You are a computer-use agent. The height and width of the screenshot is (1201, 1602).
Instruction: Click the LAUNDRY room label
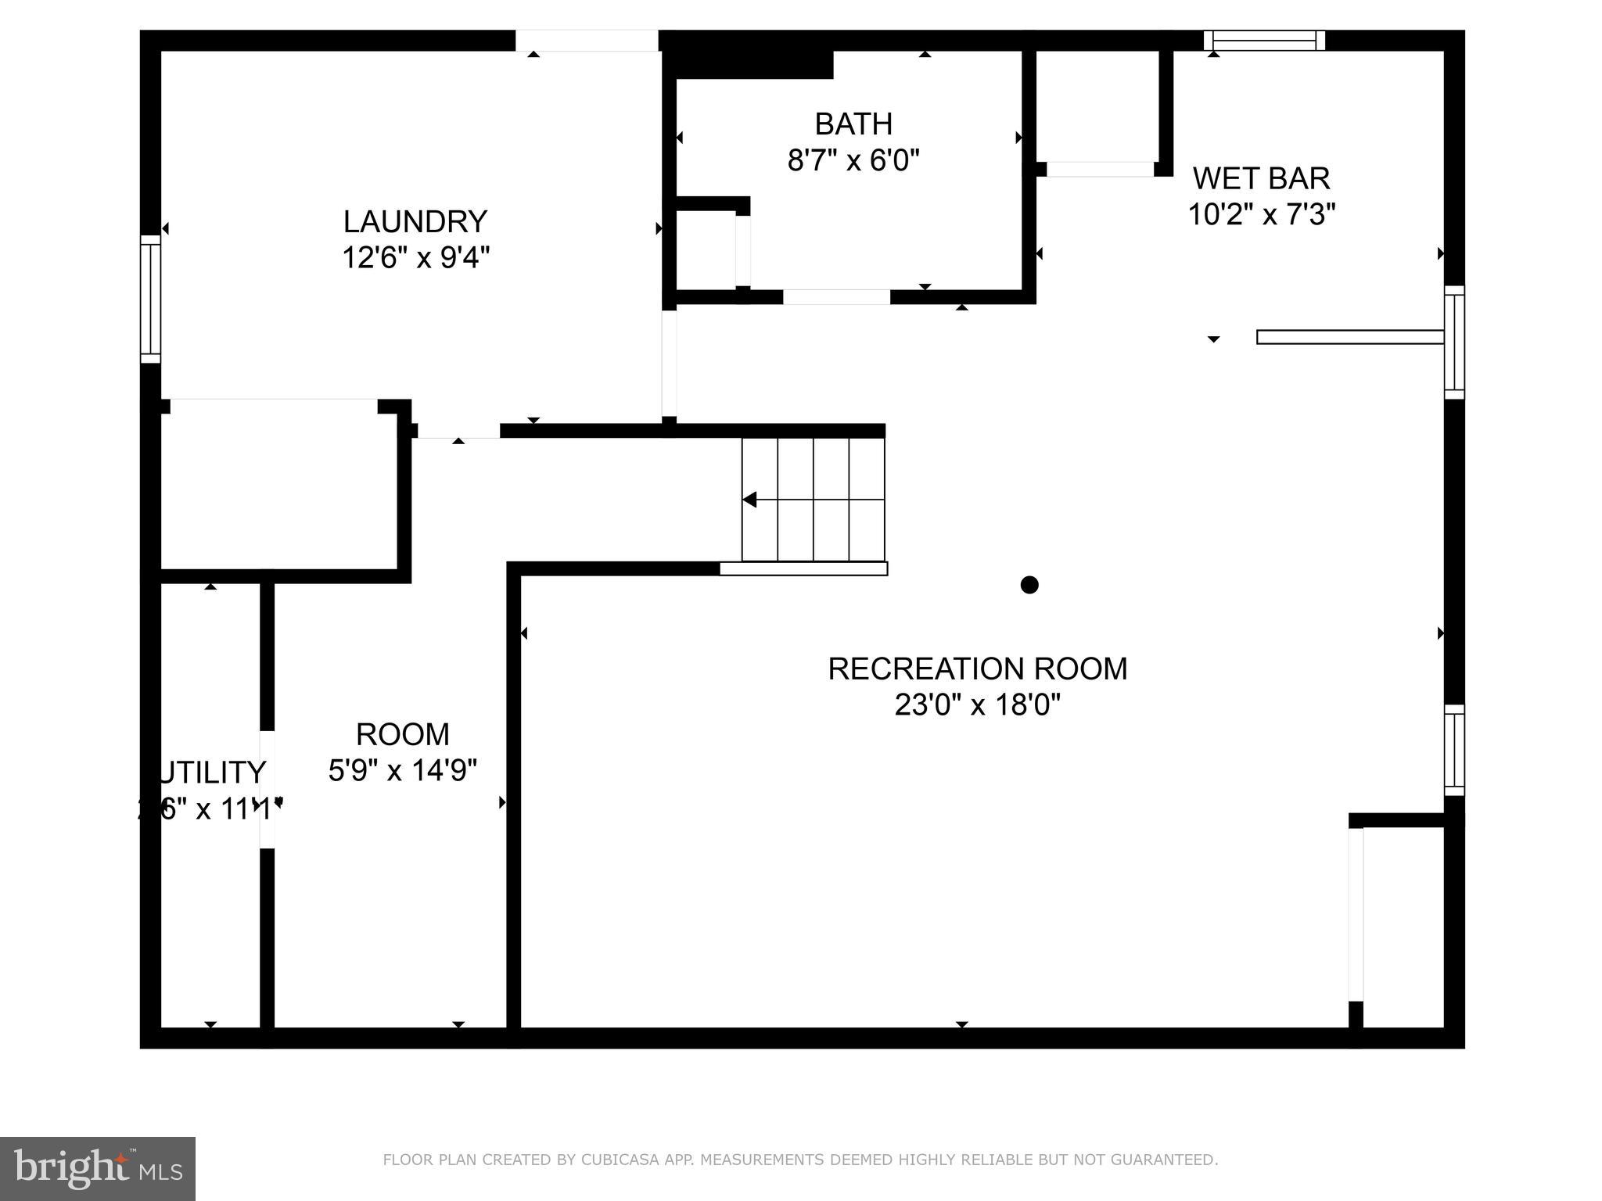click(x=415, y=222)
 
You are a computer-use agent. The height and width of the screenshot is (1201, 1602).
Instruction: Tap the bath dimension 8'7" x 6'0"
click(x=853, y=161)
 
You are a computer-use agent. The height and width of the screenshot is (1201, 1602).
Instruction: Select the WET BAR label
click(x=1261, y=179)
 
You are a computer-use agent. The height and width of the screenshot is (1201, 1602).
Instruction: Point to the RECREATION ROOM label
click(x=977, y=669)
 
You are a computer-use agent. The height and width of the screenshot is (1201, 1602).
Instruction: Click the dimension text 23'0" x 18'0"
click(x=977, y=705)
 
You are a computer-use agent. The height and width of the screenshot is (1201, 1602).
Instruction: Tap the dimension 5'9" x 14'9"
click(x=402, y=771)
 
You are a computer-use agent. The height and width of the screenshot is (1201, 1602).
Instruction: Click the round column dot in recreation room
click(x=1029, y=585)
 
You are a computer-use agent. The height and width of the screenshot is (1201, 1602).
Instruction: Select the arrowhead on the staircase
click(x=749, y=500)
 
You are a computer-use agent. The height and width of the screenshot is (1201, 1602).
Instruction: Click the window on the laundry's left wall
click(x=150, y=299)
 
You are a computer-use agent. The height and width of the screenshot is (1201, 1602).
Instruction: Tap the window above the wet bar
click(x=1263, y=41)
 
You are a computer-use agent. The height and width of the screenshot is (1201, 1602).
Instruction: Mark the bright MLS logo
click(x=97, y=1169)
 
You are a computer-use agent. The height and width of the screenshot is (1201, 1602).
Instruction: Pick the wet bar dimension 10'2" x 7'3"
click(x=1261, y=214)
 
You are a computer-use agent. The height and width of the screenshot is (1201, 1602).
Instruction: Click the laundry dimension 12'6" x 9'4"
click(x=415, y=257)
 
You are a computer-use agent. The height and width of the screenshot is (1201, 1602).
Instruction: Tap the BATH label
click(x=853, y=124)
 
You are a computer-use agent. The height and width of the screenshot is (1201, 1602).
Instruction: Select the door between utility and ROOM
click(x=267, y=789)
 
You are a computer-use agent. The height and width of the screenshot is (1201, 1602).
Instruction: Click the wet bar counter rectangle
click(x=1349, y=337)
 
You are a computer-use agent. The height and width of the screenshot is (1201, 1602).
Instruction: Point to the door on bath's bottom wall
click(x=836, y=297)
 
